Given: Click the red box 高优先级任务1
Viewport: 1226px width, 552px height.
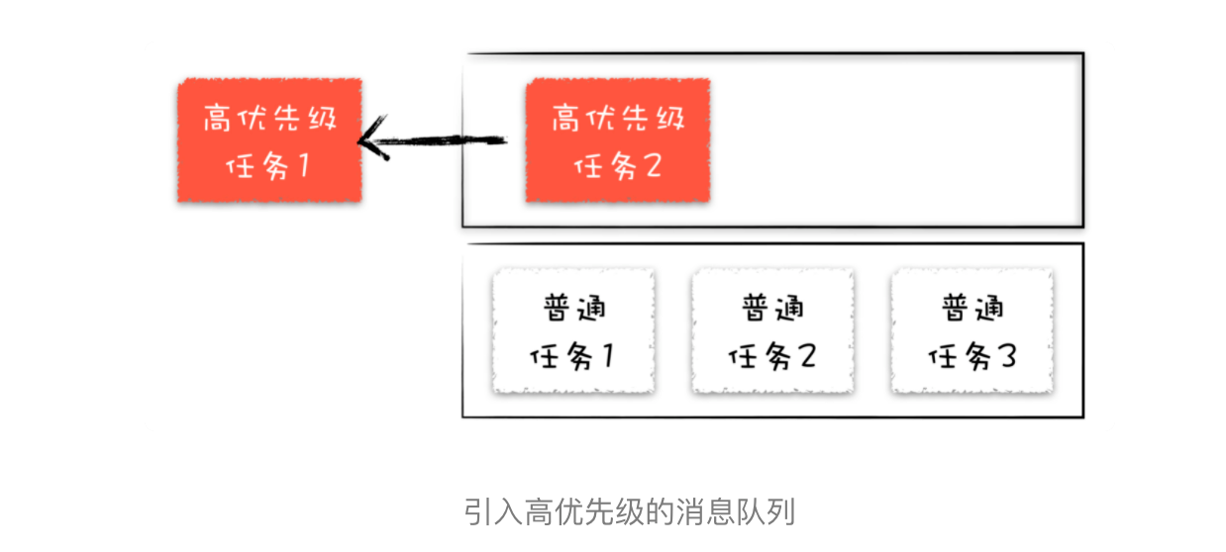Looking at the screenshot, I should (269, 141).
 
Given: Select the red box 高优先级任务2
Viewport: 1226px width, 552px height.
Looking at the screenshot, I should (617, 141).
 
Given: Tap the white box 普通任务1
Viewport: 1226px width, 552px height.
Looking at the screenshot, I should (573, 331).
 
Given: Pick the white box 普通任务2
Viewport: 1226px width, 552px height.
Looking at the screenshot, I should (771, 331).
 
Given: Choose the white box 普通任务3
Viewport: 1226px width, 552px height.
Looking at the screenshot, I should (971, 331).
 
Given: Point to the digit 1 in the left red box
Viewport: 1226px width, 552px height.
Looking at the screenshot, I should (301, 165).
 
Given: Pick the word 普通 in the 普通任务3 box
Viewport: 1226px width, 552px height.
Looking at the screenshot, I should (971, 308).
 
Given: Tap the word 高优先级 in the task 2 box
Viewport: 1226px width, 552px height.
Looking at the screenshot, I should (617, 119).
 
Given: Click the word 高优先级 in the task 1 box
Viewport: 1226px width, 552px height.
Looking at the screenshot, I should (269, 119).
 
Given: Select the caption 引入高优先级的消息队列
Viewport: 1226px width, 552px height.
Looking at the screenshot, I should (630, 512).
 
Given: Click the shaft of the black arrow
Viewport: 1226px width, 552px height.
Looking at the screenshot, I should (446, 141).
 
